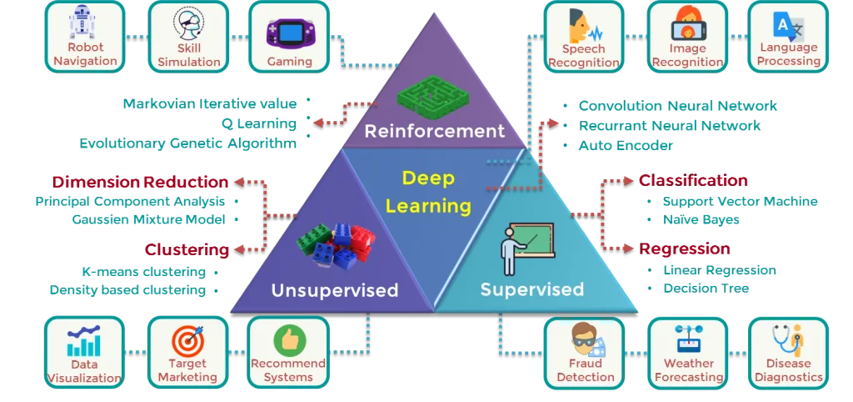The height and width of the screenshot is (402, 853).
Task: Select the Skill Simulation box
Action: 189,37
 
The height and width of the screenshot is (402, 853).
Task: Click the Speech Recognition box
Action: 583,37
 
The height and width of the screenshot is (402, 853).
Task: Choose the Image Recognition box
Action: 687,37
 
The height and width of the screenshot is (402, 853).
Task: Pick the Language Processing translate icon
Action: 788,25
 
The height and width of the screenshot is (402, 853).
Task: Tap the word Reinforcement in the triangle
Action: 434,131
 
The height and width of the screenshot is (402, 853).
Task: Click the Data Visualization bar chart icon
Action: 84,340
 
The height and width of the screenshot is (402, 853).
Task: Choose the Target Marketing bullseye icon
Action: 187,340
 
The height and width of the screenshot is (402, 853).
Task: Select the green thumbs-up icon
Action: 289,339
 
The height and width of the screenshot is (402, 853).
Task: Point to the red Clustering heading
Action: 186,249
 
